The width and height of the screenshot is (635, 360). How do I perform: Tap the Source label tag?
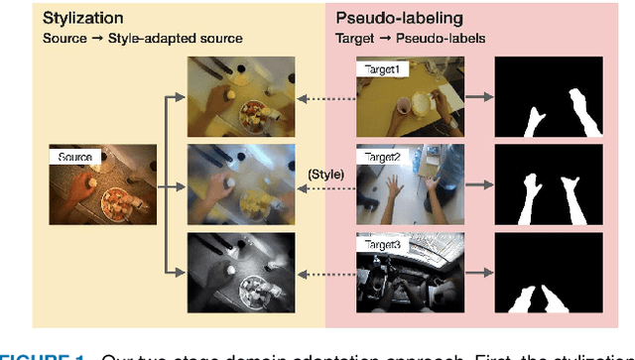click(x=75, y=157)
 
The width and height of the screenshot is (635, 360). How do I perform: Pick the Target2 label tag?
click(x=379, y=158)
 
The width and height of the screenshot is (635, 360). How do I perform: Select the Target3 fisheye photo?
click(x=412, y=273)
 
